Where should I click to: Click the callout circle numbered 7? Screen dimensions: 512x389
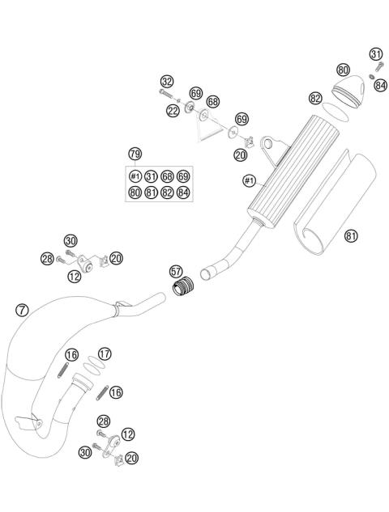click(22, 309)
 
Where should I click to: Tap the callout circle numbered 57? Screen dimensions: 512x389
click(176, 271)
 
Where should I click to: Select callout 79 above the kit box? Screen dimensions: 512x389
click(135, 154)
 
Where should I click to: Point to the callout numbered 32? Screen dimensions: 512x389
click(166, 82)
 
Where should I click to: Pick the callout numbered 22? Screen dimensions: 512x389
click(173, 111)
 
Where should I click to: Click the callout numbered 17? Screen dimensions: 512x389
click(105, 353)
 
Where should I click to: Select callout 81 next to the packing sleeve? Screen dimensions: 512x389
click(351, 235)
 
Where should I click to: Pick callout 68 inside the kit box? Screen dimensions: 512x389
click(167, 176)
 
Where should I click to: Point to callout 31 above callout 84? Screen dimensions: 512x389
click(376, 54)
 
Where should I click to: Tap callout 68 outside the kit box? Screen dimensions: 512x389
click(213, 102)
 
